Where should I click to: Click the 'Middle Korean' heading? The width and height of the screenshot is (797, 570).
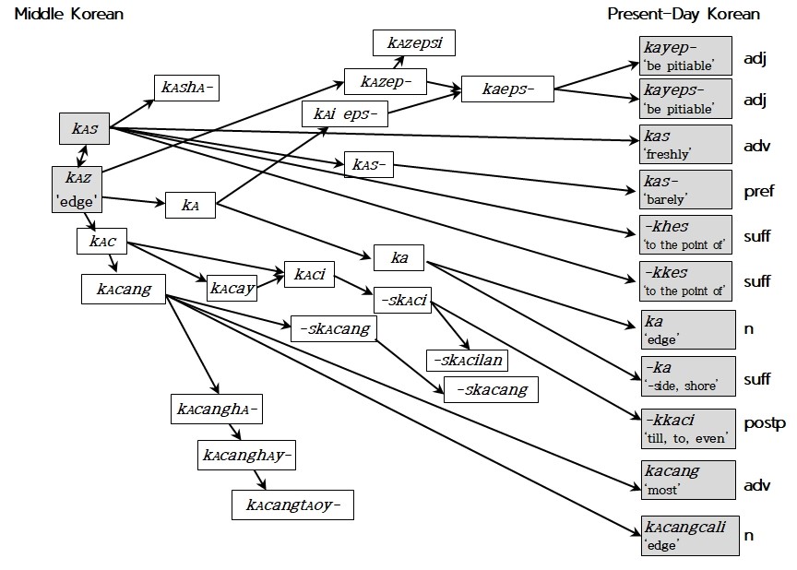tap(69, 14)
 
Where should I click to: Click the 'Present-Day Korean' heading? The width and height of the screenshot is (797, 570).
tap(684, 14)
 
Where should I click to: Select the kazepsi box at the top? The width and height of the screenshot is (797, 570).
tap(414, 42)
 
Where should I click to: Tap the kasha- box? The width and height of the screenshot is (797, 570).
tap(186, 88)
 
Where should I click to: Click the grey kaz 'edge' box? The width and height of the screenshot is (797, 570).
tap(77, 189)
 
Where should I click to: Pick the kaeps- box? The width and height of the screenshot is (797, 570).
tap(507, 89)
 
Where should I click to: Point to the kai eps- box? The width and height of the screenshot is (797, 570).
tap(345, 113)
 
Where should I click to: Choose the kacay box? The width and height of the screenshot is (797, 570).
tap(232, 288)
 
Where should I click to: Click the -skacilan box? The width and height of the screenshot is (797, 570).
tap(467, 361)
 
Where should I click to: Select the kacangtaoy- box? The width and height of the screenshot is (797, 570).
tap(292, 505)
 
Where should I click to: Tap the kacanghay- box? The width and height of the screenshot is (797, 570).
tap(246, 455)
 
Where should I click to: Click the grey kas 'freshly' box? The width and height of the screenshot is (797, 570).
tap(685, 144)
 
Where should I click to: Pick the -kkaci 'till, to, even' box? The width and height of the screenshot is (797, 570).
tap(688, 429)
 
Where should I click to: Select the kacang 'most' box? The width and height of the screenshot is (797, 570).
tap(688, 481)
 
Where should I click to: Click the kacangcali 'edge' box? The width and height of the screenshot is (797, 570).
tap(690, 536)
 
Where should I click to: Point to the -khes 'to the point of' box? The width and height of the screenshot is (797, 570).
tap(685, 234)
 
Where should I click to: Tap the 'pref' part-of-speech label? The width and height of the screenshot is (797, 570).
tap(759, 192)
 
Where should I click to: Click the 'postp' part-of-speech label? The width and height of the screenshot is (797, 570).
tap(765, 423)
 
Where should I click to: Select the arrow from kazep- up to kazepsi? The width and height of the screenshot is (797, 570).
tap(399, 62)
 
